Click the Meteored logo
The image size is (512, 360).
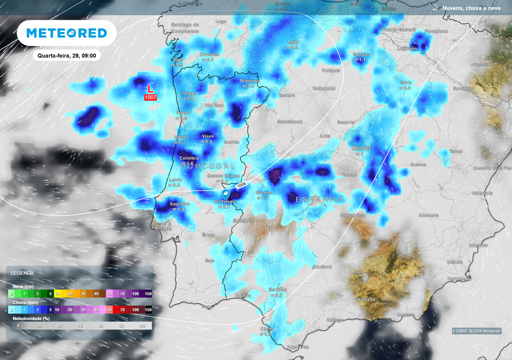[66, 33]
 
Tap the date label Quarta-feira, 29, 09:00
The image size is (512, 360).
[67, 56]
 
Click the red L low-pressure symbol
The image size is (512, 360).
[150, 88]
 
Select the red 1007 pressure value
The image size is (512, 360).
[150, 97]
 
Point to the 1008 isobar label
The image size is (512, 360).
[241, 185]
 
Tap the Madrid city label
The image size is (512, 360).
[360, 148]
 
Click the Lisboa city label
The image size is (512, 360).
[164, 228]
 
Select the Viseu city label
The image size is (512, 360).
[207, 136]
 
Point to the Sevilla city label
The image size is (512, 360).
[277, 289]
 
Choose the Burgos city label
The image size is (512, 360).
[361, 54]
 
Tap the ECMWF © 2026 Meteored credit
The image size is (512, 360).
[476, 331]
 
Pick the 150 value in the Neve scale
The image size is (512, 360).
[148, 294]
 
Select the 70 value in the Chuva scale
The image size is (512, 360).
[122, 310]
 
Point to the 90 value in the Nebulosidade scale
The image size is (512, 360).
[121, 326]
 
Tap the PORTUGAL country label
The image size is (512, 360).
[207, 166]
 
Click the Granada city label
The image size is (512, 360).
[365, 299]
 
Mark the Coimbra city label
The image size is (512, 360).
[189, 158]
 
